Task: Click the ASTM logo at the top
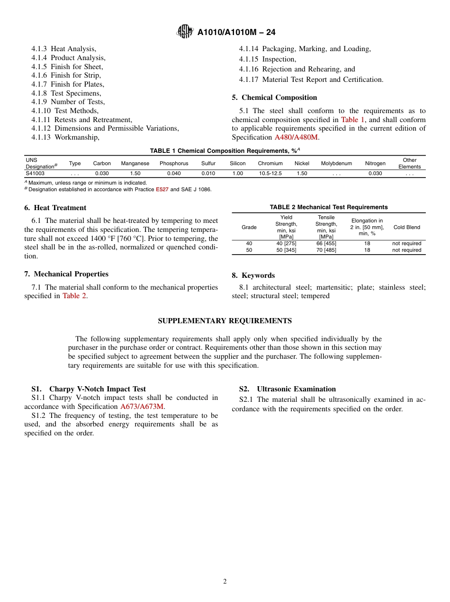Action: (185, 32)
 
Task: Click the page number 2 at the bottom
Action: (225, 582)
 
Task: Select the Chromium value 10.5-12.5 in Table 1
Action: (270, 173)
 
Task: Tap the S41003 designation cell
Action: (35, 173)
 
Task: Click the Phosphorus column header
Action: (174, 163)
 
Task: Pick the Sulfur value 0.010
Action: (208, 173)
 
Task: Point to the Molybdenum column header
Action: (336, 163)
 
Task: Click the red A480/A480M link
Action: (296, 137)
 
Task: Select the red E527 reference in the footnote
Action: (162, 189)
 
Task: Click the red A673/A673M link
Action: (142, 407)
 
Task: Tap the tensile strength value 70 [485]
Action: (326, 250)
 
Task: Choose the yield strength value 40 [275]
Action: (286, 243)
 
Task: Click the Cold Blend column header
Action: (406, 227)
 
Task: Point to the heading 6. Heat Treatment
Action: (55, 208)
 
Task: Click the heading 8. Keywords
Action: (253, 275)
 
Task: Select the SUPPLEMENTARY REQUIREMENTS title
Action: (225, 321)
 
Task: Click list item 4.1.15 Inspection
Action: (267, 59)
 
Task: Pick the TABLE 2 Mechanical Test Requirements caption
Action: (328, 207)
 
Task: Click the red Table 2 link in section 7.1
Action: (74, 296)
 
